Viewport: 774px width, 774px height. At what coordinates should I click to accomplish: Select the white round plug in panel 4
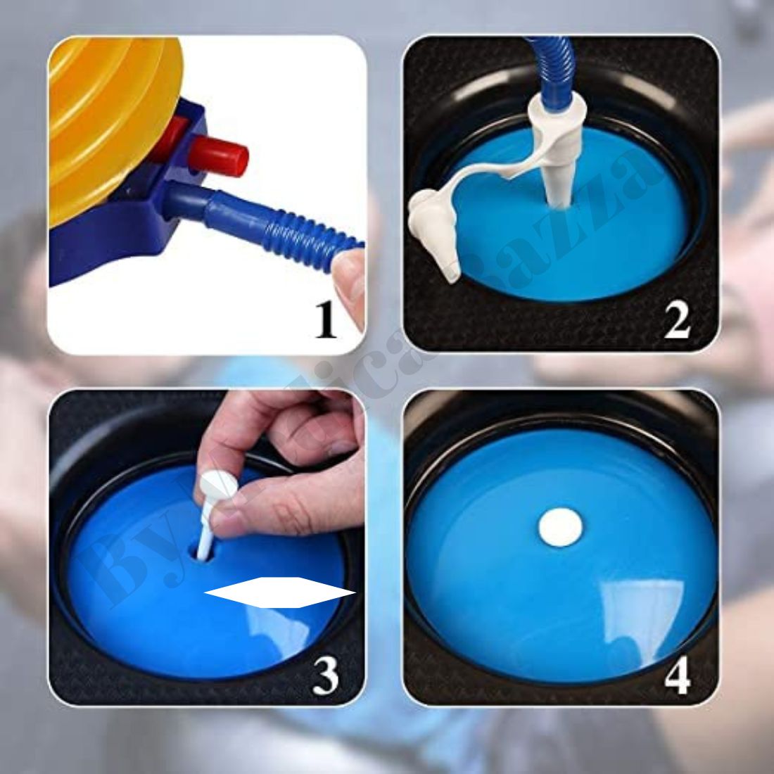pos(561,527)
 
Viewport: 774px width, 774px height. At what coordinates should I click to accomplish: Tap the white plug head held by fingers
pos(215,486)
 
